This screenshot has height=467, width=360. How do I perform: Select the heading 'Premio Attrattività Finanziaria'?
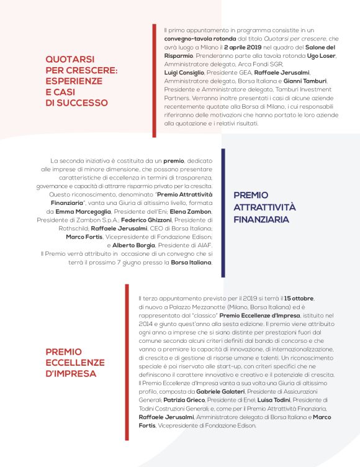click(264, 207)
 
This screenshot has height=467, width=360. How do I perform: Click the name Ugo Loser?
click(322, 55)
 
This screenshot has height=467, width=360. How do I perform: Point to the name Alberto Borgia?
click(136, 245)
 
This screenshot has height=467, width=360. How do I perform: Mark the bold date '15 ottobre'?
click(297, 298)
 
